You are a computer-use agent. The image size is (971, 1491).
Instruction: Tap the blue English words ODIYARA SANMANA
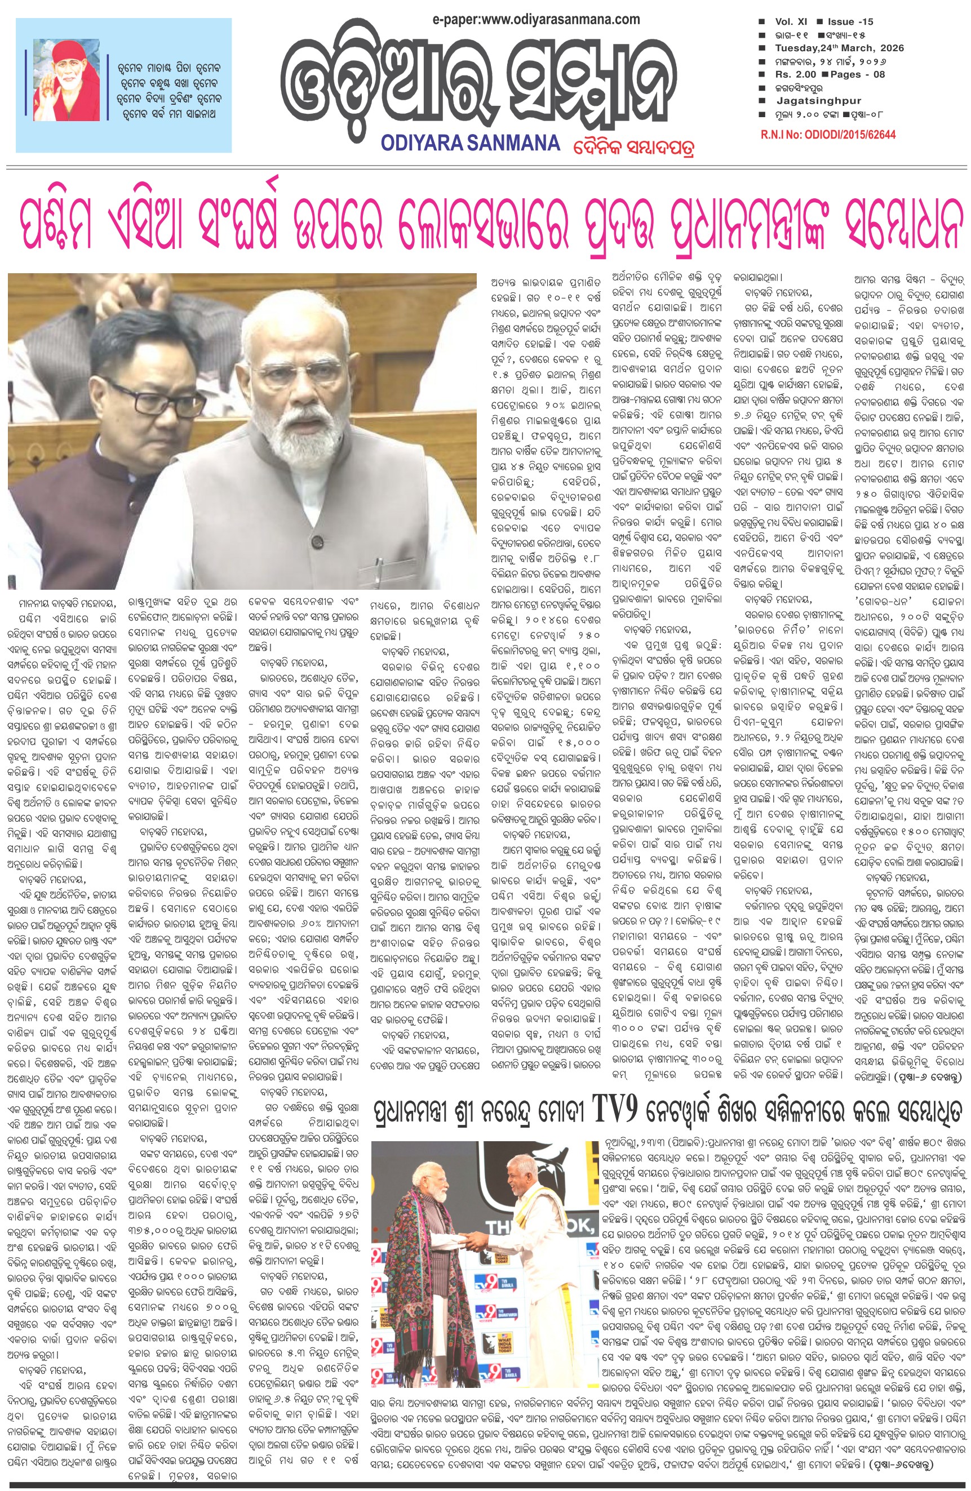[470, 143]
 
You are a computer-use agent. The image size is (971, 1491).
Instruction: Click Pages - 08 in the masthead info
[858, 74]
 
